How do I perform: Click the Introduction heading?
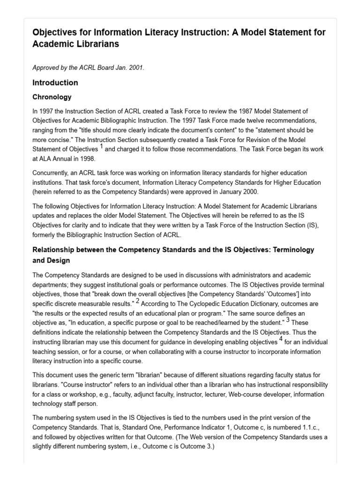pos(55,83)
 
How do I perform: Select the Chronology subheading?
pos(52,97)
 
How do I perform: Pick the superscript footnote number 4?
pos(281,338)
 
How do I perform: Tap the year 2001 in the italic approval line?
pos(136,68)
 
